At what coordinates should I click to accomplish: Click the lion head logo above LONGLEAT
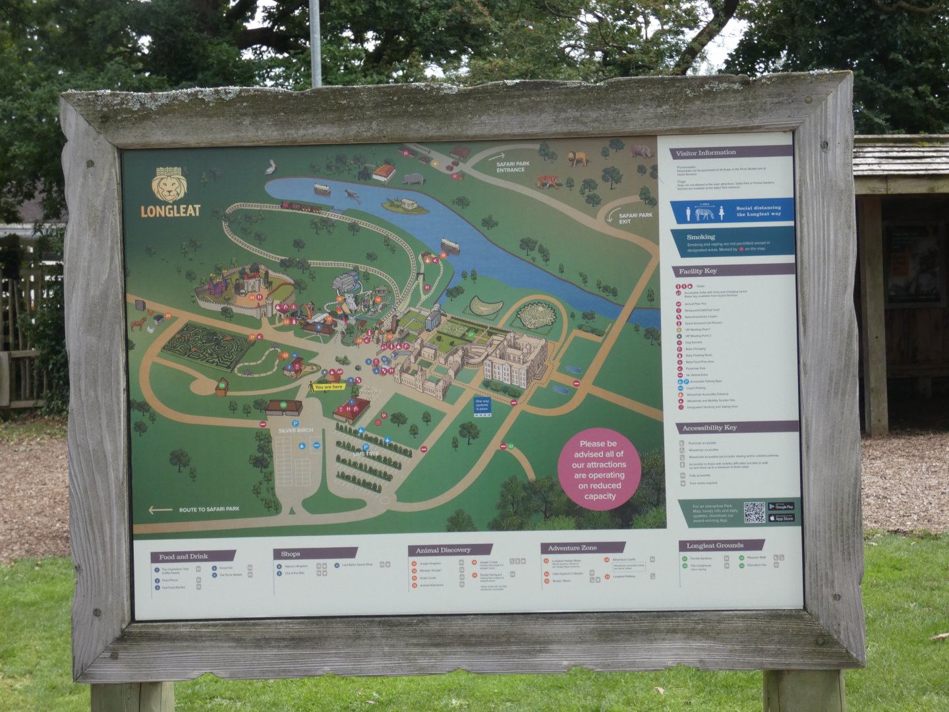[x=169, y=185]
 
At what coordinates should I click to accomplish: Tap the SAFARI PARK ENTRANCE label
[x=513, y=167]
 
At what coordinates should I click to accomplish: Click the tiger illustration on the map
[x=548, y=181]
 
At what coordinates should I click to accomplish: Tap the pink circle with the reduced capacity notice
[x=599, y=469]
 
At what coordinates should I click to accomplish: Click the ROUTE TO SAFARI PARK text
[x=209, y=510]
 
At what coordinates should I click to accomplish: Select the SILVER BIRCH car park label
[x=296, y=430]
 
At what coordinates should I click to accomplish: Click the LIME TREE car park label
[x=366, y=454]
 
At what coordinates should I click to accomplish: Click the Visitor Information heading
[x=706, y=153]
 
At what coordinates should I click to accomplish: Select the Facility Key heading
[x=698, y=271]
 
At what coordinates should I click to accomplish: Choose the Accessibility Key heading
[x=709, y=428]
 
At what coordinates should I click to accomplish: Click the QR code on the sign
[x=754, y=512]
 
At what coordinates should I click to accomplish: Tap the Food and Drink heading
[x=183, y=556]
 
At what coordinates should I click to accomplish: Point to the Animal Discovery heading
[x=443, y=550]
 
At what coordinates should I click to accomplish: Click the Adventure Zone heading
[x=572, y=548]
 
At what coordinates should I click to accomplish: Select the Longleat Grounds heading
[x=714, y=546]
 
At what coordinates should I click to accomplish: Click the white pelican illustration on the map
[x=271, y=167]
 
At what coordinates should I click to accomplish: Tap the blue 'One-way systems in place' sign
[x=482, y=405]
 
